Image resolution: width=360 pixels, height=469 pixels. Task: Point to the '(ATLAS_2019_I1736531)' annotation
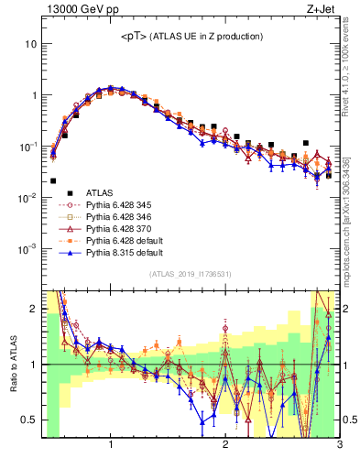tap(190, 275)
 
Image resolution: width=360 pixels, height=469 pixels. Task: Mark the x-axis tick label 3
tap(339, 444)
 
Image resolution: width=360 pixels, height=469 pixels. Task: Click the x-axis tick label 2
tap(225, 444)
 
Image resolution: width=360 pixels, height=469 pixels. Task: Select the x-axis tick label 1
tap(111, 444)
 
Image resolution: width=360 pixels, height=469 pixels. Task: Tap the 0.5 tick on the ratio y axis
tap(31, 420)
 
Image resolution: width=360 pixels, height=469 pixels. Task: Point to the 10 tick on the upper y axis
tap(31, 44)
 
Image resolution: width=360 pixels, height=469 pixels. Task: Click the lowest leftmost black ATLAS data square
tap(53, 181)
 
